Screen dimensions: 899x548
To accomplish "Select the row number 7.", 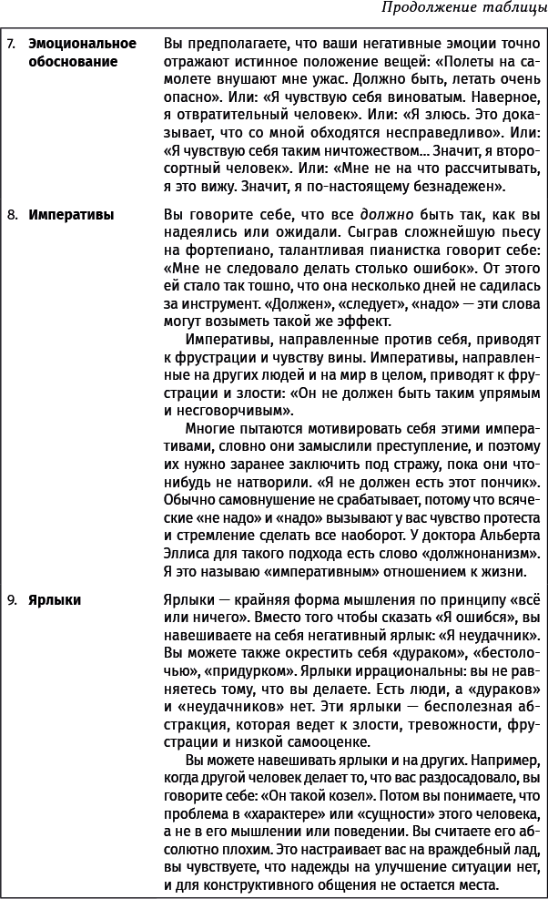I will click(x=11, y=43).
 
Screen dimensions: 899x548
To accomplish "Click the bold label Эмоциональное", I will click(x=82, y=43).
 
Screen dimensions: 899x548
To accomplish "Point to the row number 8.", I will click(x=11, y=216).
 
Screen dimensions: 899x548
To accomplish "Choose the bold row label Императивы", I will click(x=71, y=216).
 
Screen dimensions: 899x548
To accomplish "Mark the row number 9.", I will click(x=11, y=599).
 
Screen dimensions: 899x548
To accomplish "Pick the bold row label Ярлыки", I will click(x=55, y=599).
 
